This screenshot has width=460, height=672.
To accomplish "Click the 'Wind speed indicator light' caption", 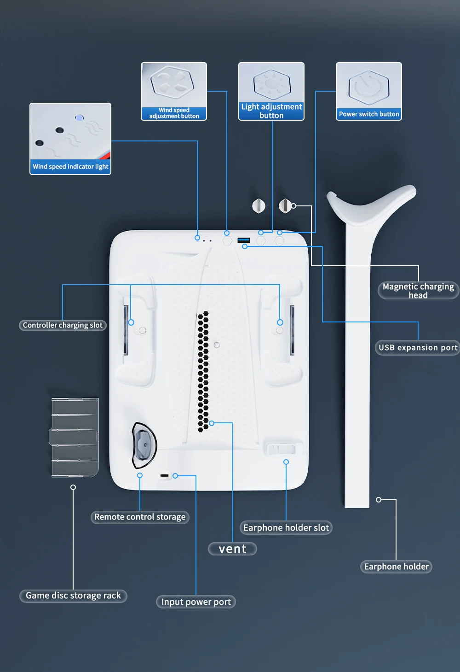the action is (x=70, y=167).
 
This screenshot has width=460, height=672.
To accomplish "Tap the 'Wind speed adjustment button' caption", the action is (x=174, y=113).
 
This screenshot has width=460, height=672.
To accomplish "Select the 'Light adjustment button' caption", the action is (x=271, y=111).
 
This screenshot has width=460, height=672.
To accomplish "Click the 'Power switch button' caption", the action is (x=369, y=114).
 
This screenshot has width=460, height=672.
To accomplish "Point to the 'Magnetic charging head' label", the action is (x=418, y=291).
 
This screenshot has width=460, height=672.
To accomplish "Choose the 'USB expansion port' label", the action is (x=418, y=348).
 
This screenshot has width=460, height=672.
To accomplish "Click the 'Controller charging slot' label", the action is (x=63, y=325).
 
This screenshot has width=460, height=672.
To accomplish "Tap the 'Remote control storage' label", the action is (x=140, y=517).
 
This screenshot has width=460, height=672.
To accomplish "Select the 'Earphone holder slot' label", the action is (x=286, y=528).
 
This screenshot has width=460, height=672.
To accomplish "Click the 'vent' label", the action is (x=233, y=549).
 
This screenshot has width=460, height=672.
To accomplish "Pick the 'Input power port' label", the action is (x=196, y=602).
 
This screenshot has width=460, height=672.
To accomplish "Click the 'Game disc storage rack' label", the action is (x=73, y=596).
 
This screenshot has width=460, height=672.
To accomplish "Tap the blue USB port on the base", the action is (x=244, y=240).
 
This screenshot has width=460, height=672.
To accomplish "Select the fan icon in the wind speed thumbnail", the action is (x=172, y=82).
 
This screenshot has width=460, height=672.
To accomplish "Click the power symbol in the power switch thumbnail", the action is (x=369, y=87).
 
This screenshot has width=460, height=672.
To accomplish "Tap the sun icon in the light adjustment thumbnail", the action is (x=271, y=84).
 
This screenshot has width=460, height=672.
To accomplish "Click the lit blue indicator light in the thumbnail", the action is (x=79, y=118).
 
